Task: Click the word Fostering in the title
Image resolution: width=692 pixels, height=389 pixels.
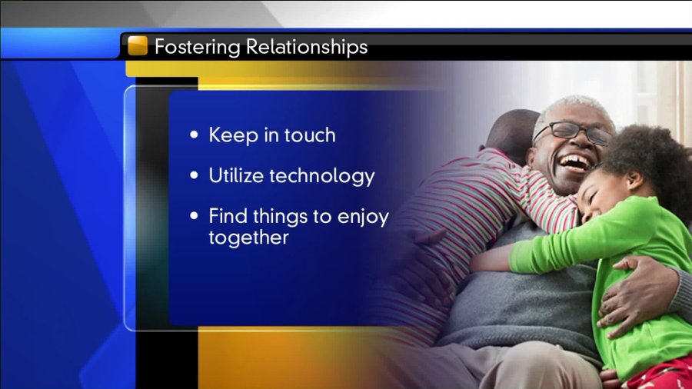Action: click(198, 47)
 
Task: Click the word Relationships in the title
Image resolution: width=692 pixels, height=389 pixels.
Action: click(307, 46)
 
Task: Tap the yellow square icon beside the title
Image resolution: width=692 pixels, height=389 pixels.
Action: click(138, 45)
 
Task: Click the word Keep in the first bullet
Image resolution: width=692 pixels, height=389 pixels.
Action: click(234, 135)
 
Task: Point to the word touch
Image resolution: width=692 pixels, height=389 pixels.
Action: click(310, 135)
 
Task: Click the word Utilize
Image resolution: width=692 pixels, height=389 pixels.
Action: click(236, 175)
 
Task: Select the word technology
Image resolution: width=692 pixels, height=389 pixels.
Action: click(322, 177)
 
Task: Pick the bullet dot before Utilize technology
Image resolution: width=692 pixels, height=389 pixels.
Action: click(194, 175)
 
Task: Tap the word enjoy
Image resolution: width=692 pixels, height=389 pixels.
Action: click(363, 218)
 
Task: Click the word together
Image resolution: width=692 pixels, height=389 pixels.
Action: click(248, 238)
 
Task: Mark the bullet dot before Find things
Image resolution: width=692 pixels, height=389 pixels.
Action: click(194, 216)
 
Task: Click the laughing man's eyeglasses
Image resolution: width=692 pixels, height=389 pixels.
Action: click(573, 131)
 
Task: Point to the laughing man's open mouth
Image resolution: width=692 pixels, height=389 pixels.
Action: click(575, 163)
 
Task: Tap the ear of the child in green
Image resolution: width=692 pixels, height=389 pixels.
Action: click(635, 179)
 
